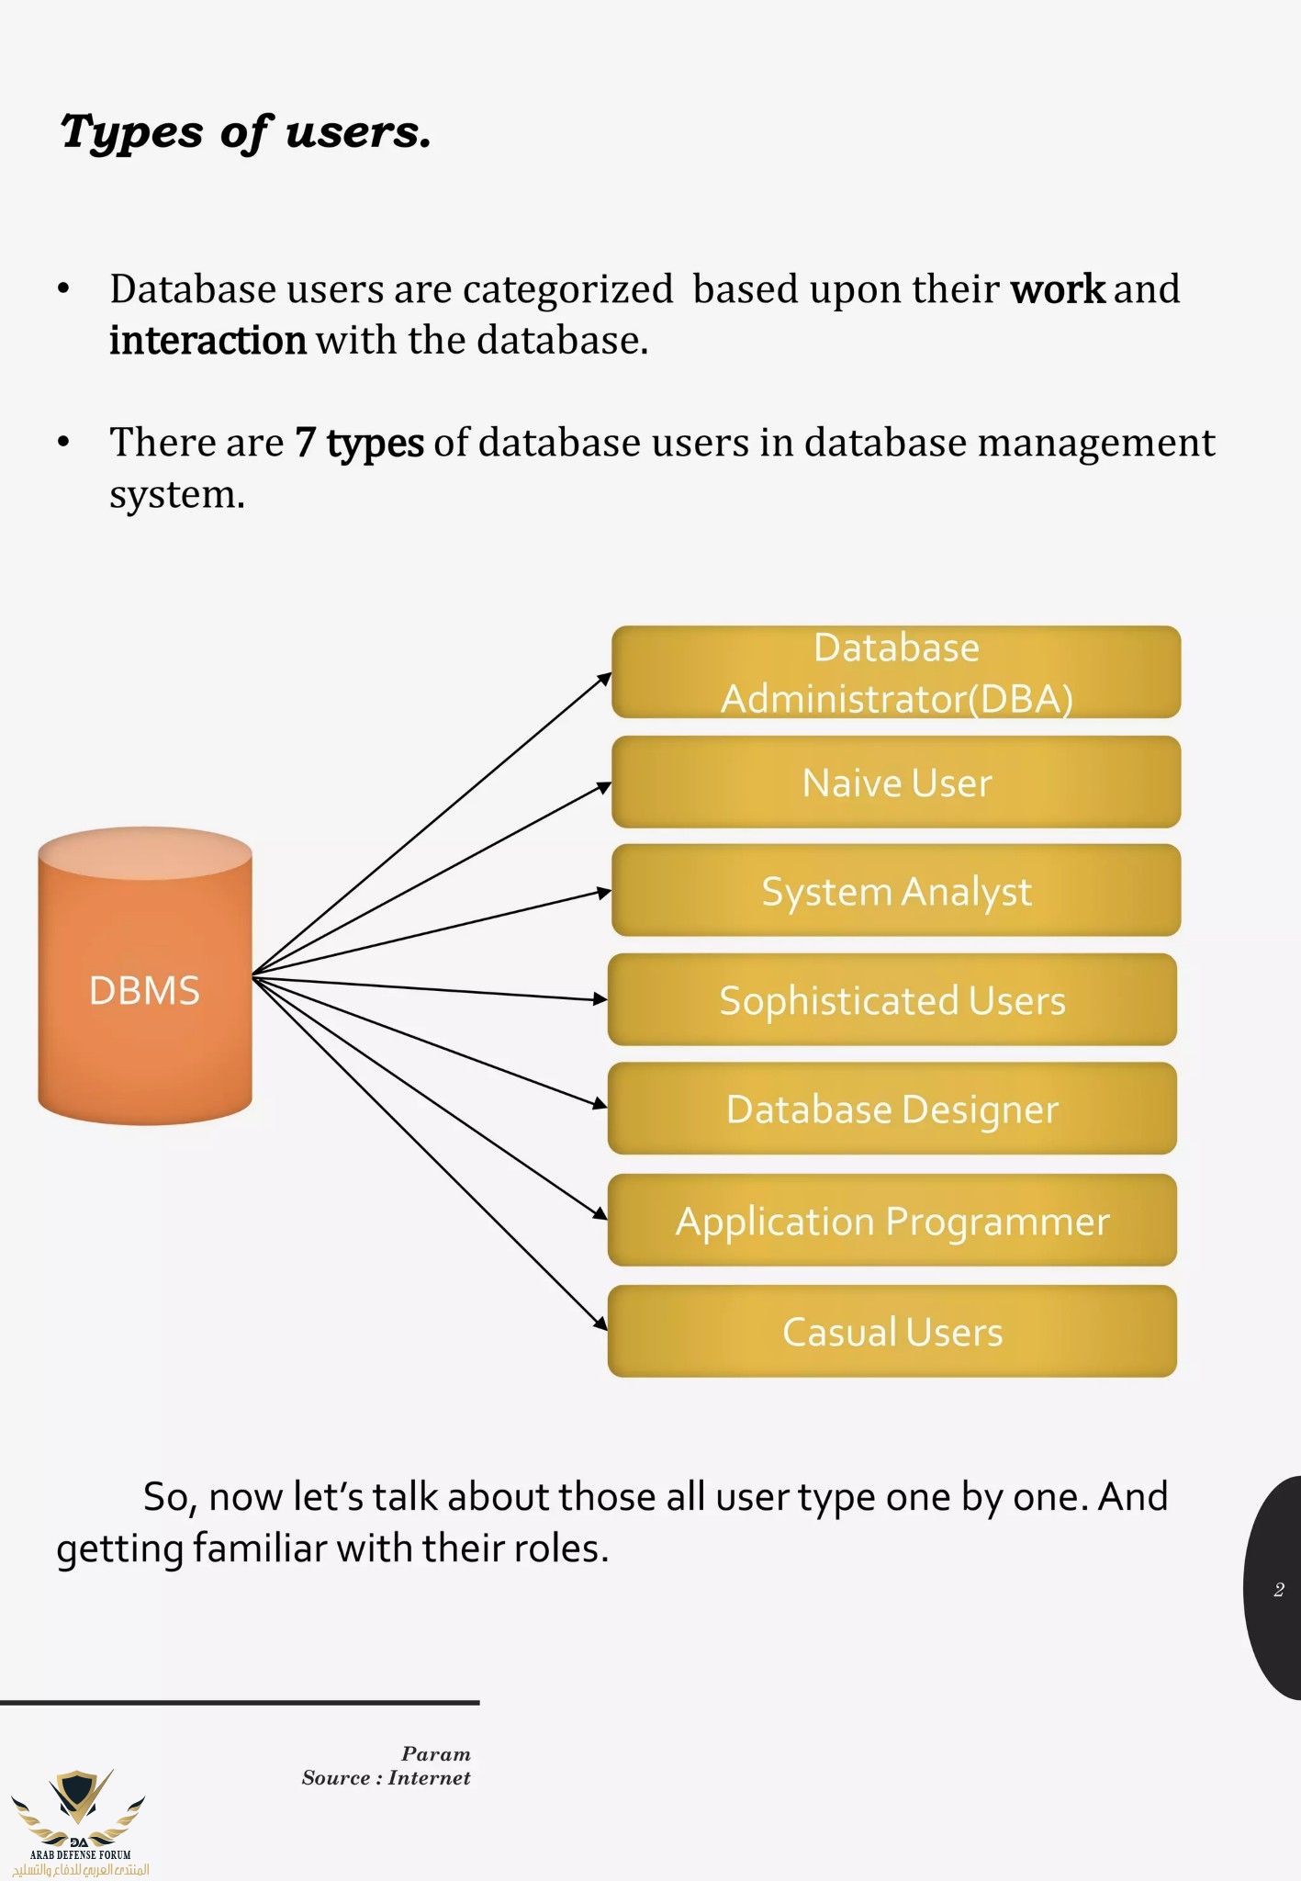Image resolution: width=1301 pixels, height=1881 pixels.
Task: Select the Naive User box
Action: pos(895,783)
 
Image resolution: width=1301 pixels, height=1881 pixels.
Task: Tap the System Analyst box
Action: pos(895,891)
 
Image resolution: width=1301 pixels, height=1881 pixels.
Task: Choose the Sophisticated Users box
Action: pos(892,1000)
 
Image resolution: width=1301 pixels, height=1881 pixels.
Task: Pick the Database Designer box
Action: pos(892,1109)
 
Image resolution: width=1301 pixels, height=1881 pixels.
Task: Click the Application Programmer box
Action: pos(892,1221)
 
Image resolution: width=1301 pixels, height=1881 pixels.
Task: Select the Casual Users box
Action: pos(892,1332)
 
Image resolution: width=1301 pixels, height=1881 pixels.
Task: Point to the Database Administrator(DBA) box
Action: pos(895,672)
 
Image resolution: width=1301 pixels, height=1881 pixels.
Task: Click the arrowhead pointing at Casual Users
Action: pos(600,1323)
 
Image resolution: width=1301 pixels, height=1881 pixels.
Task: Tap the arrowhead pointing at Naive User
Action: pos(604,786)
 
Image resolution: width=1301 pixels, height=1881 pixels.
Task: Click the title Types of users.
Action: pos(245,132)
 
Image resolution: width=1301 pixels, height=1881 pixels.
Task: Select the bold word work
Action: pos(1058,289)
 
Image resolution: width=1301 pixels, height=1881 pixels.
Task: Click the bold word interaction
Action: pos(207,341)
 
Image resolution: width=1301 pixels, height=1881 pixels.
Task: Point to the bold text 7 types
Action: pos(359,443)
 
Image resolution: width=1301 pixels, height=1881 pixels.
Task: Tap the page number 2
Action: pos(1279,1590)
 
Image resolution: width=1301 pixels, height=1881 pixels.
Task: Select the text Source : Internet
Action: pos(386,1778)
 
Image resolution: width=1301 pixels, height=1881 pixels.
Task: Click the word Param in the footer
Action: pos(435,1754)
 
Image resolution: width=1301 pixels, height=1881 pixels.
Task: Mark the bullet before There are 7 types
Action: pos(63,443)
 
